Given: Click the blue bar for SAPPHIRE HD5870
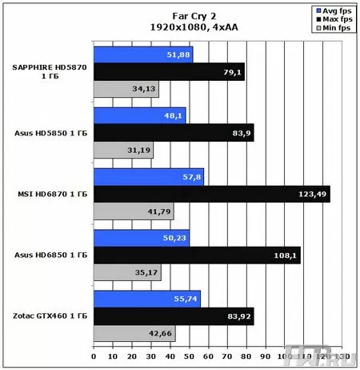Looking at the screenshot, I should click(142, 54).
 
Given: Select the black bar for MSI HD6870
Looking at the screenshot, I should click(211, 194).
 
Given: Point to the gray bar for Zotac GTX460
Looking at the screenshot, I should click(134, 333).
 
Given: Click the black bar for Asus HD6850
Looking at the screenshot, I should click(197, 255).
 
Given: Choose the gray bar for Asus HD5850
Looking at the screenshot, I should click(123, 150).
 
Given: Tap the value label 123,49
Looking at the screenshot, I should click(313, 195).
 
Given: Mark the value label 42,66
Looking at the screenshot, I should click(161, 334).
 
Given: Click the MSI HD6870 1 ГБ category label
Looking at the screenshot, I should click(52, 194).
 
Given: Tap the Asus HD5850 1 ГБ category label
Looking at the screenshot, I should click(50, 133).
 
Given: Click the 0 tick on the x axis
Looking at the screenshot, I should click(94, 356).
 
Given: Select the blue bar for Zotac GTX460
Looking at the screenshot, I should click(146, 298).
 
